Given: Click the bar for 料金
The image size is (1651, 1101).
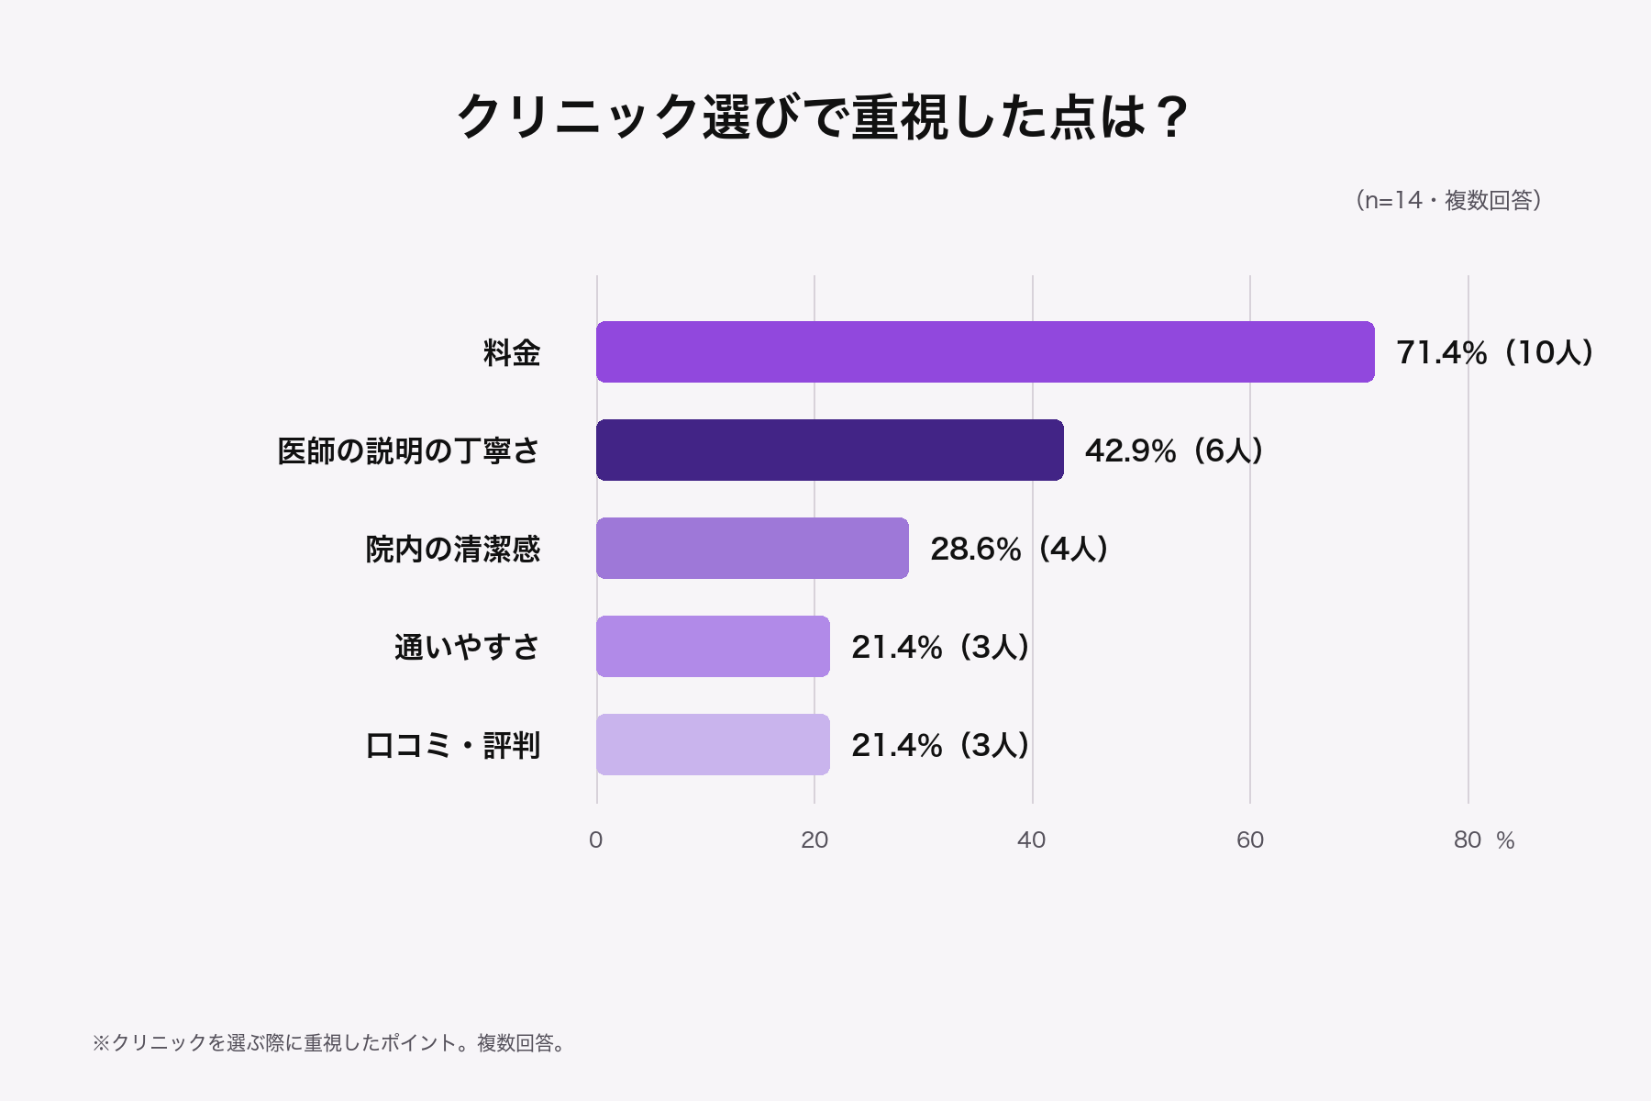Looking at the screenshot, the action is (985, 351).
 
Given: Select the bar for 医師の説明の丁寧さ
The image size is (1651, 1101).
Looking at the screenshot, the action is (830, 450).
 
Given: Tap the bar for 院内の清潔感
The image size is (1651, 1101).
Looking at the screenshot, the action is (752, 548).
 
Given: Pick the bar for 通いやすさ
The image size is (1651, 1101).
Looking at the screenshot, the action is (713, 646).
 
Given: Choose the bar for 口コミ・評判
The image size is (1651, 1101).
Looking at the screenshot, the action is (713, 744).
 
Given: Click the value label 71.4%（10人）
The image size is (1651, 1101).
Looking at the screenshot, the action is (1495, 352).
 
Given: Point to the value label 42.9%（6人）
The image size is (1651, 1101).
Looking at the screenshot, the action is (1174, 450).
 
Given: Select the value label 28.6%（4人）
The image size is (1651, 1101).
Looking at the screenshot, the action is (1019, 549).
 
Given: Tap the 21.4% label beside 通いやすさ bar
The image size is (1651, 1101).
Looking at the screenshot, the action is (940, 647).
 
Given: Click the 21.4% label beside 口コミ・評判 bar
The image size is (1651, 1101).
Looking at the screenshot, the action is (940, 745).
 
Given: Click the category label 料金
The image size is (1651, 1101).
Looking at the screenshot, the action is (512, 352).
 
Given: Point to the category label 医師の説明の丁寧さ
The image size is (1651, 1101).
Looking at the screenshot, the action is (409, 450).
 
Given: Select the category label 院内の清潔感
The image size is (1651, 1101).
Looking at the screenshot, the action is (453, 549).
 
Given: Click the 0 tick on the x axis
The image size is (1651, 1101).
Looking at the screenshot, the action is (596, 840).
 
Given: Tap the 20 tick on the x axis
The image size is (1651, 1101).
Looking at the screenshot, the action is (814, 840).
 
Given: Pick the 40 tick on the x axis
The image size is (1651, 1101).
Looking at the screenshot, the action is (1032, 840).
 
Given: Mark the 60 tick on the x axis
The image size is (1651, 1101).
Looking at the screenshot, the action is (1250, 840).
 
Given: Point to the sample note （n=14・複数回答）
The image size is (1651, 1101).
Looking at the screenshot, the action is (1448, 200).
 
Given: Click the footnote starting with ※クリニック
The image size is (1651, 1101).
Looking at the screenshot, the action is (330, 1043).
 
